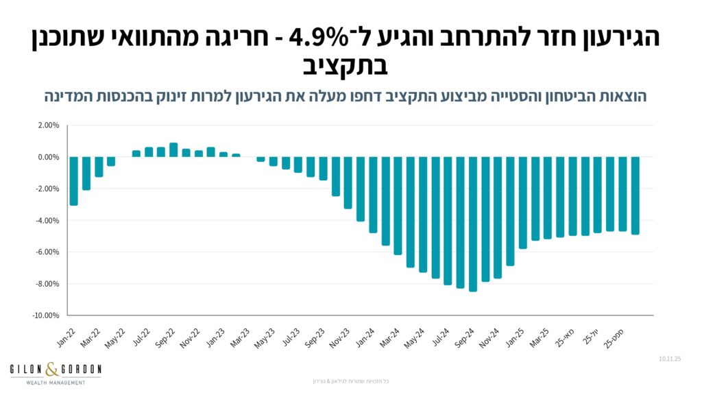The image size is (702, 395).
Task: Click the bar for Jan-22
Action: click(73, 181)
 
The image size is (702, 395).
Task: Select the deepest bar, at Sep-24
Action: click(473, 224)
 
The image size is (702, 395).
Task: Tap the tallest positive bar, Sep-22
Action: click(173, 149)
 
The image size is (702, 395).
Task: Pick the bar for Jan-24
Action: click(373, 195)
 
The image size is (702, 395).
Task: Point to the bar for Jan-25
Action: click(523, 202)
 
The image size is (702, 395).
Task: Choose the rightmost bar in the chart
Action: click(636, 195)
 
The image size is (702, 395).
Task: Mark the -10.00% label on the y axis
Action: click(47, 315)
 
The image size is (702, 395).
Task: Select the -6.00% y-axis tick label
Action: click(48, 252)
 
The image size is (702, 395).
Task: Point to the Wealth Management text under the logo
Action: click(56, 382)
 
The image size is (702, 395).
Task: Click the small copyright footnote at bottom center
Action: click(350, 381)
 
